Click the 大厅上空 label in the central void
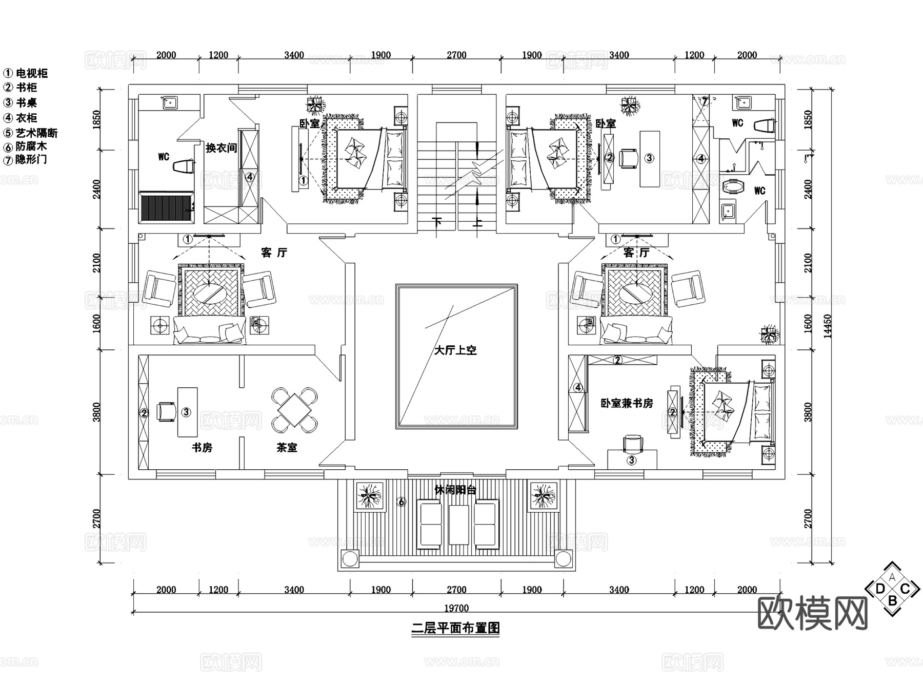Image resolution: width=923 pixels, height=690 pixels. pos(455,350)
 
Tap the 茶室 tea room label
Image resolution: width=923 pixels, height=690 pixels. pos(287,448)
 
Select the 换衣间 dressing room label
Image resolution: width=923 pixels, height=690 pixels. pos(221,148)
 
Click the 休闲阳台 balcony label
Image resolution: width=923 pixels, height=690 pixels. pos(455,490)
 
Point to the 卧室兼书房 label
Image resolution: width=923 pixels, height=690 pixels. pos(627,404)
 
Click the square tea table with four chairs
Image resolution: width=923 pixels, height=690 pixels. pos(294,410)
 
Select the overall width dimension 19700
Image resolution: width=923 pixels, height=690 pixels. pos(456,608)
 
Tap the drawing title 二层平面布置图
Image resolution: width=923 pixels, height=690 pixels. pos(455,628)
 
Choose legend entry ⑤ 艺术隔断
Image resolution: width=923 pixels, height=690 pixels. pos(31,133)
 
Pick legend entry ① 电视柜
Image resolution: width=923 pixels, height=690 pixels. pos(26,73)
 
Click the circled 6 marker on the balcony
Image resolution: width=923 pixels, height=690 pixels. pos(402,503)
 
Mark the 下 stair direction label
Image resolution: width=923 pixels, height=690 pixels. pos(437,222)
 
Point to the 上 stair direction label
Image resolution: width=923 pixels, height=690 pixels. pos(477,222)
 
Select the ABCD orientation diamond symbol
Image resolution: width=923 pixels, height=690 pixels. pos(892,589)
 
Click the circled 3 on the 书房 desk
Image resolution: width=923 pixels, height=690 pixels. pos(186,412)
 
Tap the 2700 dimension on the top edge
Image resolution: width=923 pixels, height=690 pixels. pos(456,55)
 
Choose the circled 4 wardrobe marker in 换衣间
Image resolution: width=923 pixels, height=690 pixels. pos(250,177)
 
